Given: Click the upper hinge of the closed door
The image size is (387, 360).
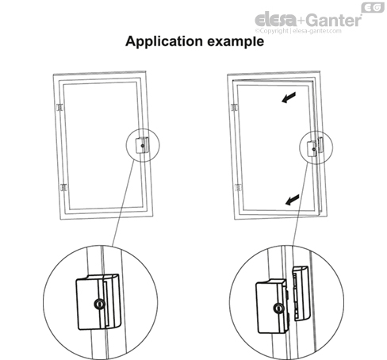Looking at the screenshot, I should pos(60,106).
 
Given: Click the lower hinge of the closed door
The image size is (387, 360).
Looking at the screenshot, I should pos(60,188).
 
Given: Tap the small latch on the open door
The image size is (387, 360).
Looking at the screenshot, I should pos(315,148).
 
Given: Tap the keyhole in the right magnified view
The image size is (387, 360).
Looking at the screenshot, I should pos(279,308).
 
